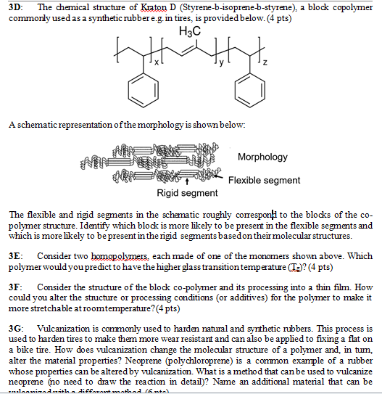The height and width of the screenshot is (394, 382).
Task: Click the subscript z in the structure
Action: point(265,66)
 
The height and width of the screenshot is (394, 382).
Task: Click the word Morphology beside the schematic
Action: point(262,157)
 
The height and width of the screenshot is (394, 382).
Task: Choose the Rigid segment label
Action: point(187,193)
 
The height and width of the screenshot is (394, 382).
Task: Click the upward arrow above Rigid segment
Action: point(188,181)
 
